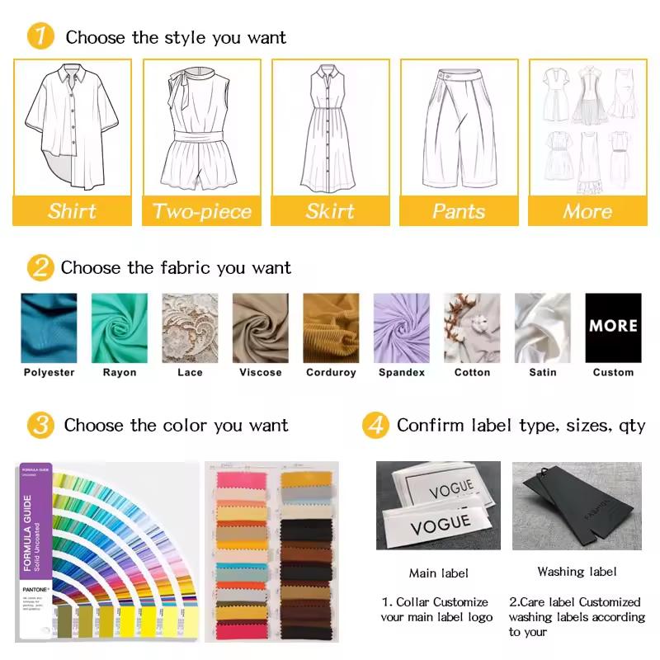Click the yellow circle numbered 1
[41, 36]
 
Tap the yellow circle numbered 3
[40, 426]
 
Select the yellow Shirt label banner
[72, 210]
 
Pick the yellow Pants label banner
[459, 210]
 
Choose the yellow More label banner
[587, 210]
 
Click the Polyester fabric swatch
[49, 328]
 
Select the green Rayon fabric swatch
[120, 328]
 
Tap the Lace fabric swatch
[190, 328]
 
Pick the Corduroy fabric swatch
[331, 328]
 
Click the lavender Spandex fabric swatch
[402, 328]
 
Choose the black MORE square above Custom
[613, 328]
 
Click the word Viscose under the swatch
[260, 373]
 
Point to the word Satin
[543, 373]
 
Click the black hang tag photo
[577, 505]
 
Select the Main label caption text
[438, 573]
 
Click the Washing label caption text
[577, 572]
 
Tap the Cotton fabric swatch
[472, 328]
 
